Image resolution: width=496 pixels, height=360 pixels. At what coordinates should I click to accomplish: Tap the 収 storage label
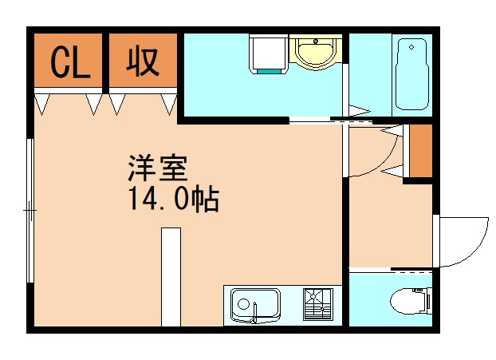pyautogui.click(x=144, y=61)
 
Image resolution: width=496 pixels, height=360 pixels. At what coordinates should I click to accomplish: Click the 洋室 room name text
pyautogui.click(x=157, y=169)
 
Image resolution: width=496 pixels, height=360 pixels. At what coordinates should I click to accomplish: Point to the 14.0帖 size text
pyautogui.click(x=171, y=199)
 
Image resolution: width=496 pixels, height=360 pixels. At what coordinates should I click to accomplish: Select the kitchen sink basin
pyautogui.click(x=255, y=304)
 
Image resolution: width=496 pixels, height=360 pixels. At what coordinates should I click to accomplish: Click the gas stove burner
pyautogui.click(x=317, y=303)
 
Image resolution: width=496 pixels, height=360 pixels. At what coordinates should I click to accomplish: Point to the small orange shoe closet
pyautogui.click(x=419, y=151)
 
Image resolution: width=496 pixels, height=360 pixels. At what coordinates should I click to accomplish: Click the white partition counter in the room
pyautogui.click(x=170, y=276)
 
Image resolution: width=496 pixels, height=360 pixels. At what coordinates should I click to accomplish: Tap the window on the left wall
pyautogui.click(x=30, y=212)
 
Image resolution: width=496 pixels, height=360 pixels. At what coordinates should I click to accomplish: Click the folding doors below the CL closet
pyautogui.click(x=69, y=102)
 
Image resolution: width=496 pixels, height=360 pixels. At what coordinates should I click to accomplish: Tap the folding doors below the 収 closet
pyautogui.click(x=144, y=102)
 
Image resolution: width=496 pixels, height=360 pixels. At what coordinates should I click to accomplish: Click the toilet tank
pyautogui.click(x=428, y=301)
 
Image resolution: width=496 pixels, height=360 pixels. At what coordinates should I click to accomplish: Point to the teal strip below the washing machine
pyautogui.click(x=269, y=71)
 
